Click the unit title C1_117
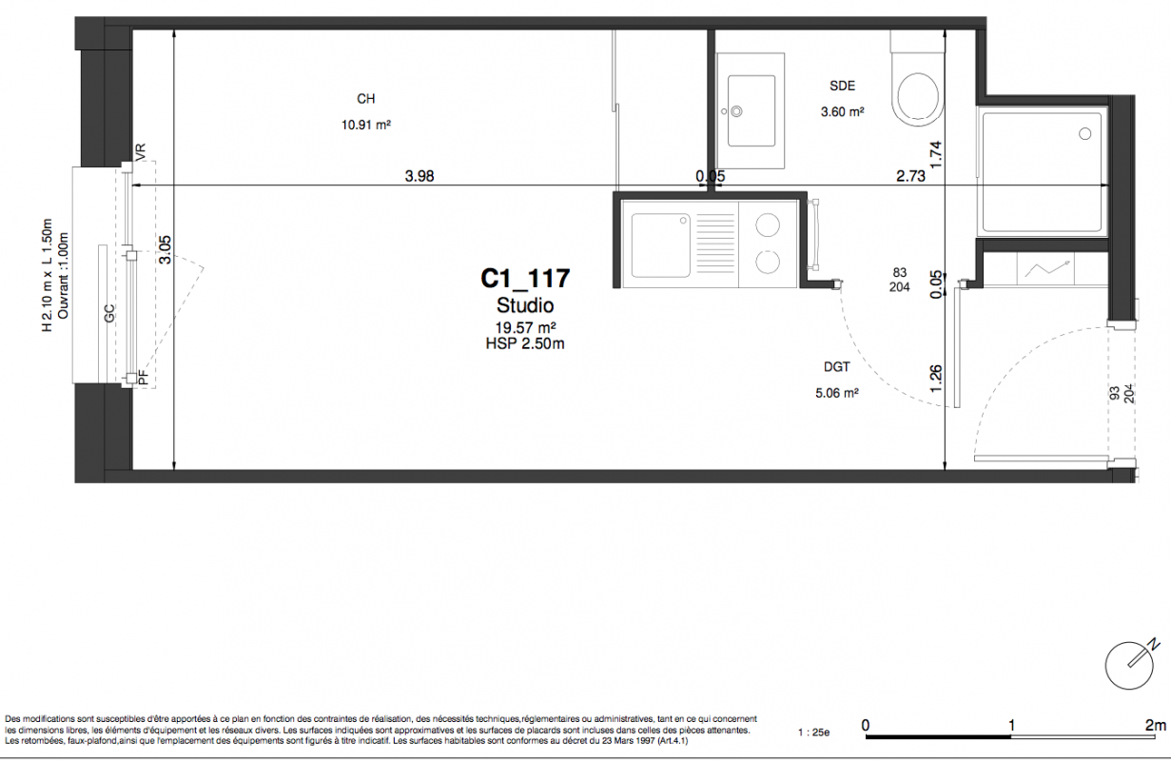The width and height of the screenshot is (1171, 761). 525,278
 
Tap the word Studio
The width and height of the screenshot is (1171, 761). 525,305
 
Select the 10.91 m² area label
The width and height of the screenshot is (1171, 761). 366,125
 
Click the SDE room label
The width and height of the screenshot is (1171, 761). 842,86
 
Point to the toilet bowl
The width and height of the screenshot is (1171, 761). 917,97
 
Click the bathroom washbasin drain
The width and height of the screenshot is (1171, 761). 737,110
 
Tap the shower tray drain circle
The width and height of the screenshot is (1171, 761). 1084,134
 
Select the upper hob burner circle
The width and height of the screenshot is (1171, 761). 768,225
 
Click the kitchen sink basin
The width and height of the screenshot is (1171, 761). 661,244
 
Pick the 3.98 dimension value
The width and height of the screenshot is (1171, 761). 420,176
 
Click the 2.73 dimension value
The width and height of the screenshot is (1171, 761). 910,176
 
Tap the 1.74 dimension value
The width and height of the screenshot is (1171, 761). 936,155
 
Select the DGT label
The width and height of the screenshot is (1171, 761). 836,367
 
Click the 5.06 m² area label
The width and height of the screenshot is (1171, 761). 836,393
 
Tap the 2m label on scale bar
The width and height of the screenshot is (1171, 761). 1155,725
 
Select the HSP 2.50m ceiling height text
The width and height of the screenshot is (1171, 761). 525,343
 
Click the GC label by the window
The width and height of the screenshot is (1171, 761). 109,314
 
